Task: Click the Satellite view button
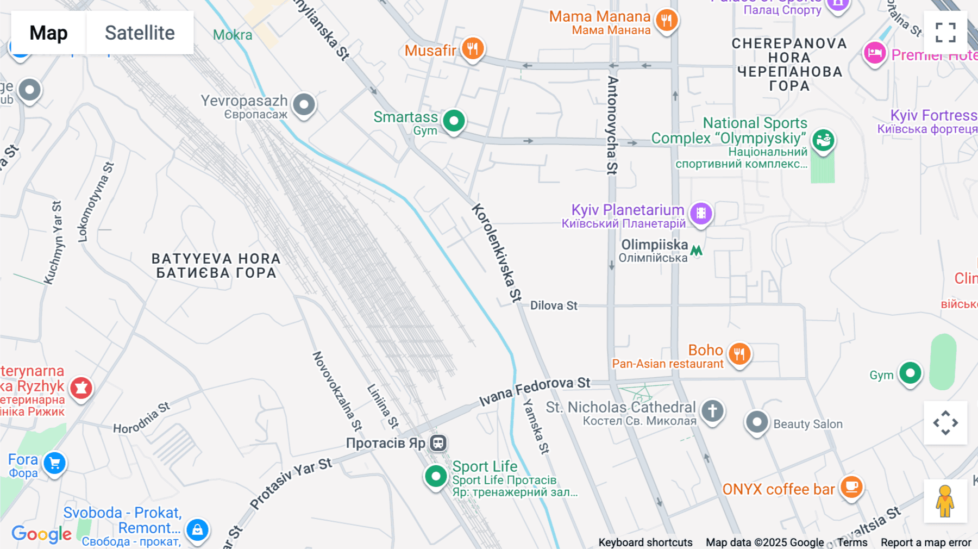[x=140, y=33]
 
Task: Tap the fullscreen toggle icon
[x=945, y=33]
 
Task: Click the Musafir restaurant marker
[x=473, y=49]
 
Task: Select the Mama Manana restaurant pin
[x=667, y=20]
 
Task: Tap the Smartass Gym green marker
[x=454, y=120]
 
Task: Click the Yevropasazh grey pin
[x=304, y=104]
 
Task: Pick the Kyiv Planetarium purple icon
[x=701, y=213]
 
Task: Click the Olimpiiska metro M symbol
[x=697, y=251]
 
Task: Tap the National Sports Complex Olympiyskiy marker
[x=823, y=140]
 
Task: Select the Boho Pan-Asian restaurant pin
[x=739, y=353]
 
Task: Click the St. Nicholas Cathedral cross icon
[x=712, y=410]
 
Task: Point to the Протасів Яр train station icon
[x=438, y=443]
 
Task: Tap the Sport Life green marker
[x=436, y=476]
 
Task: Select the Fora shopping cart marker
[x=54, y=463]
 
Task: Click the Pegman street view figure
[x=945, y=501]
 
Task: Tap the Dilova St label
[x=554, y=305]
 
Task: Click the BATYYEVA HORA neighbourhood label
[x=216, y=265]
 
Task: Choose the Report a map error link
[x=926, y=542]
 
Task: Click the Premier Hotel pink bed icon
[x=875, y=53]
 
